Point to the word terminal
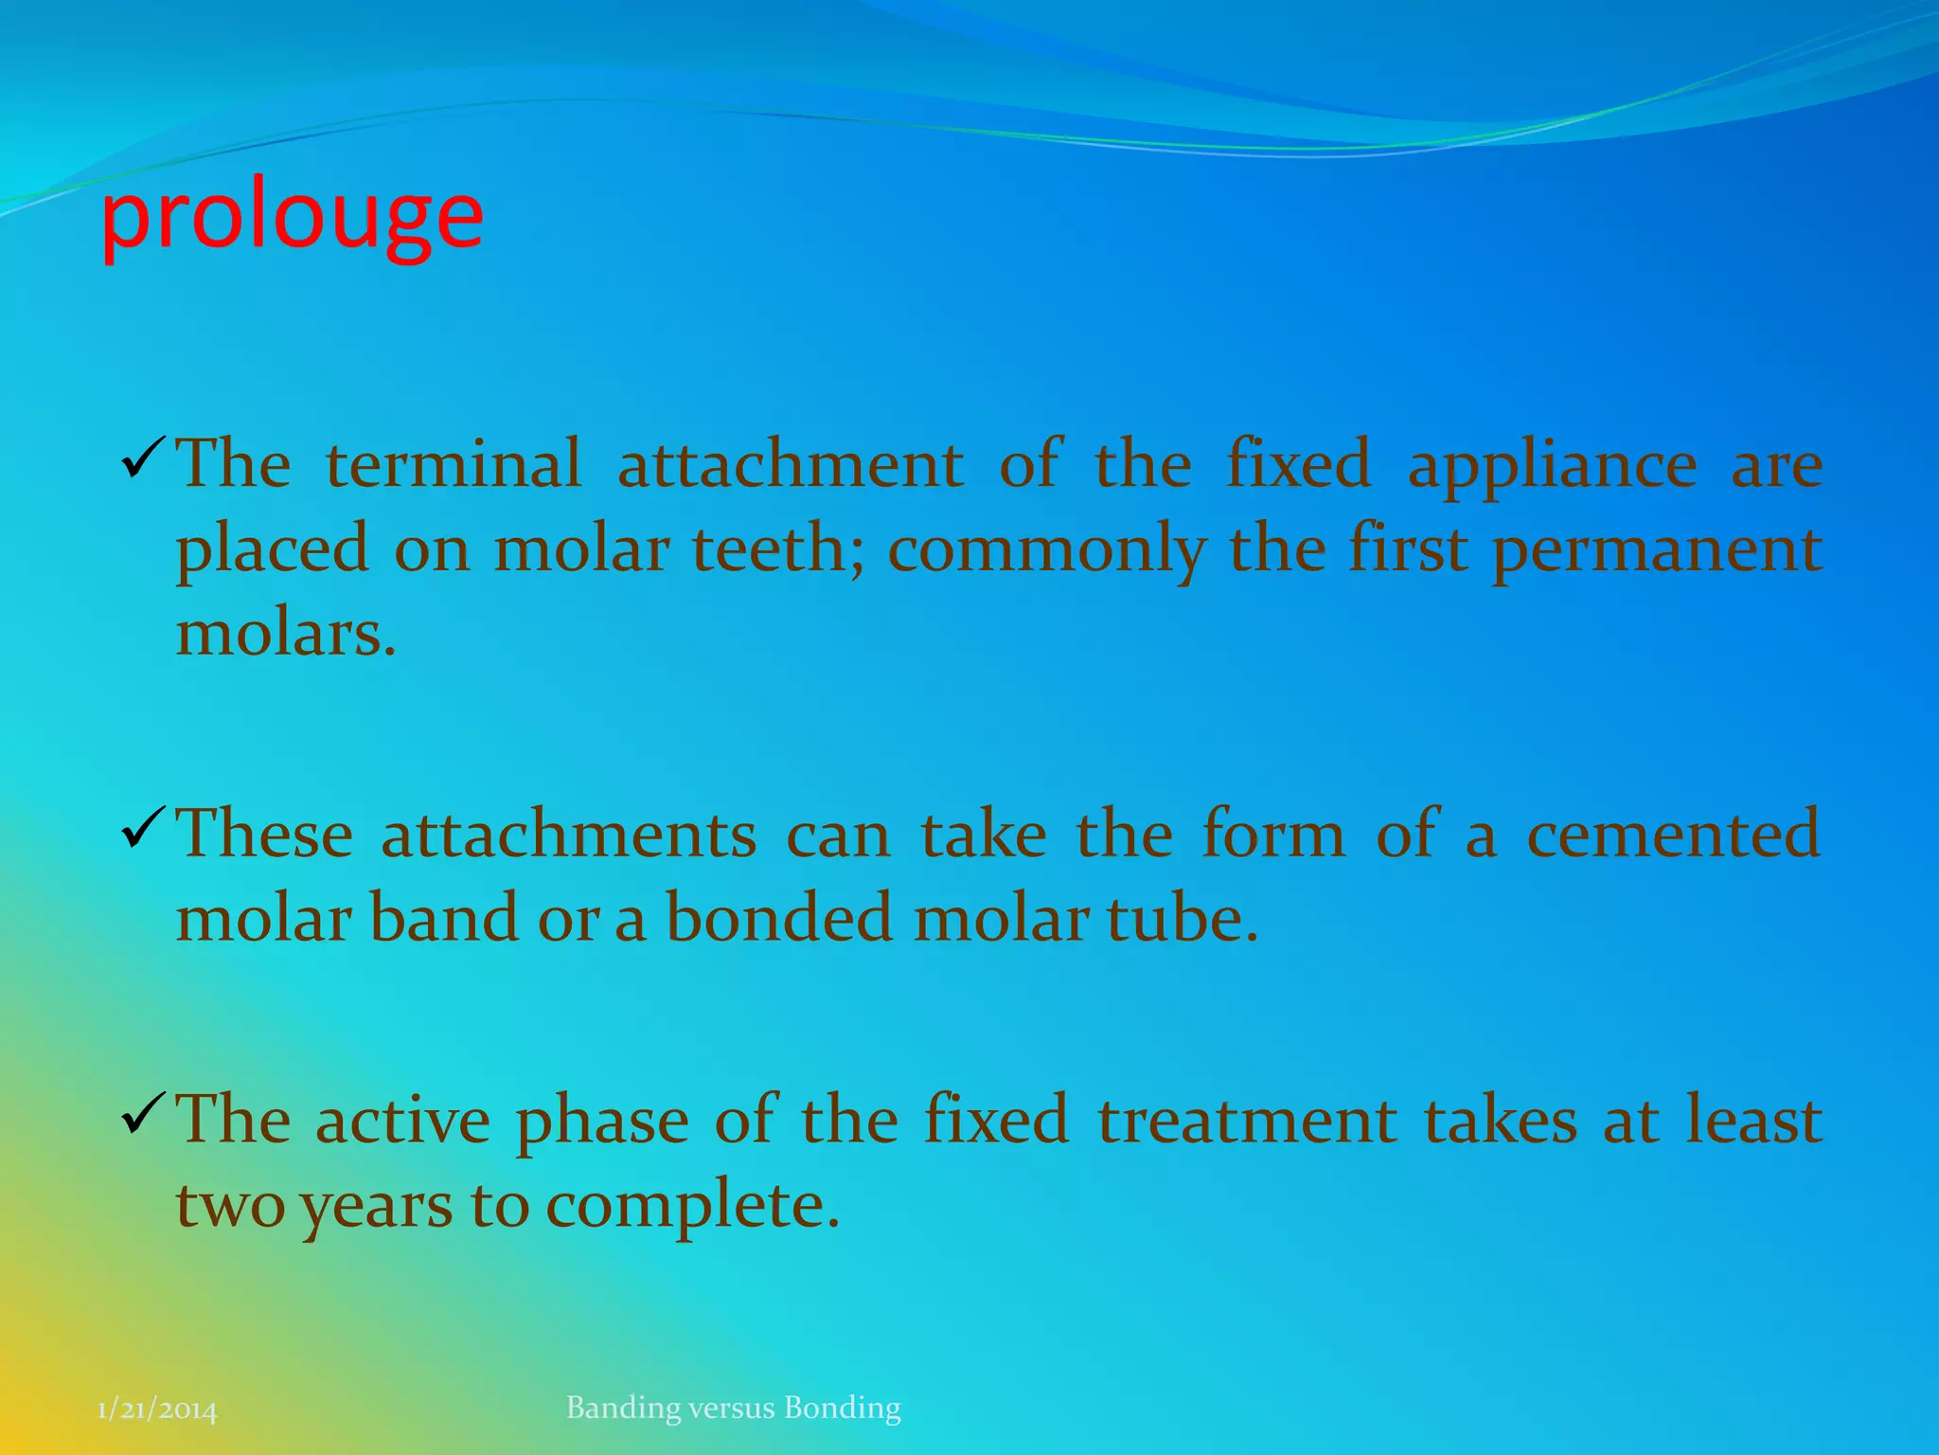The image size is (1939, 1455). (454, 464)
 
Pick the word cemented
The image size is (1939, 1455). (1672, 835)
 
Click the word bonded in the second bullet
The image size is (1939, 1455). (778, 919)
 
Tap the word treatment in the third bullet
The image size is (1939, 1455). (1247, 1121)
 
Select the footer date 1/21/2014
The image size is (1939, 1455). (157, 1411)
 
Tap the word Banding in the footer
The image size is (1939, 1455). (623, 1409)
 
